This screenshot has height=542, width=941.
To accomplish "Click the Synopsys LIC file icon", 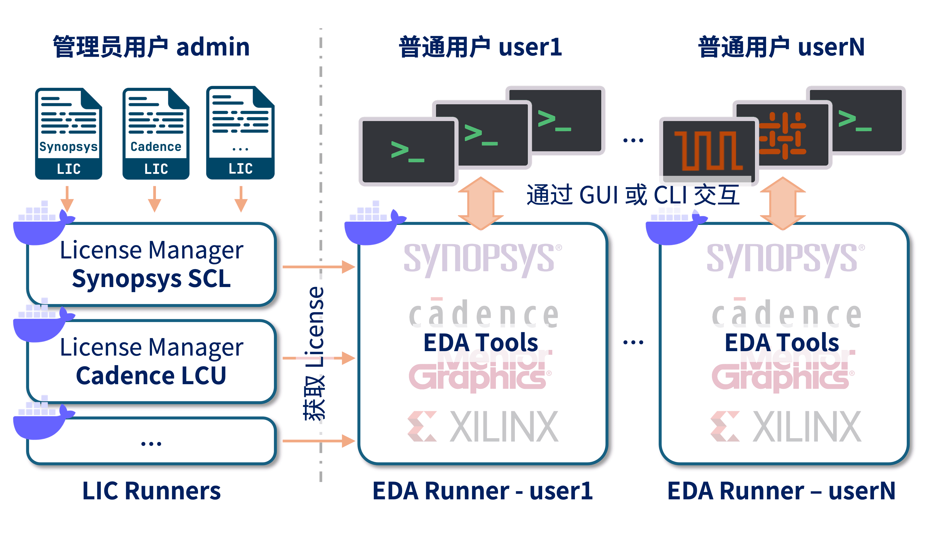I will [x=68, y=133].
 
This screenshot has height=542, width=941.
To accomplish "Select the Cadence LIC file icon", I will [x=156, y=133].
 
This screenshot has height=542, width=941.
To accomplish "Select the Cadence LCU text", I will [x=151, y=376].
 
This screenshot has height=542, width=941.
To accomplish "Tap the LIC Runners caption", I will [x=151, y=491].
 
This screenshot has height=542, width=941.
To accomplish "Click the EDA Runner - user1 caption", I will [x=482, y=491].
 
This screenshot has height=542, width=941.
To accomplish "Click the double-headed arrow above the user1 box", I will [x=481, y=203].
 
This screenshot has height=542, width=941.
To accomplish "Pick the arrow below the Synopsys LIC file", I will [x=67, y=199].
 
